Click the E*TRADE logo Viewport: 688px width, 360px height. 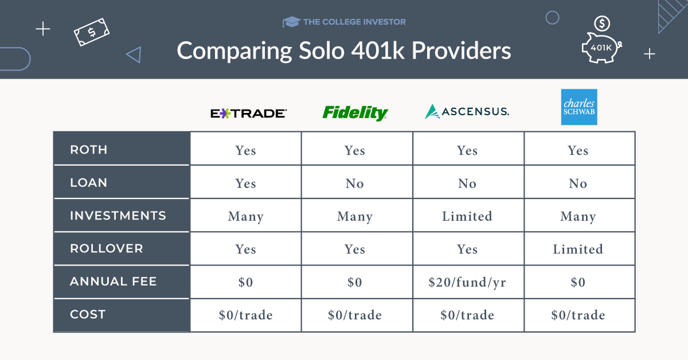(248, 114)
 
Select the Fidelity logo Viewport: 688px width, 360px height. (355, 112)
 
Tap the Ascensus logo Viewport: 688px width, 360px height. (467, 111)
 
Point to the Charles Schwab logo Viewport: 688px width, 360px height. (578, 107)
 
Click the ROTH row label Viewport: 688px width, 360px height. (89, 150)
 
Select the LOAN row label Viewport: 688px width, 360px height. (89, 183)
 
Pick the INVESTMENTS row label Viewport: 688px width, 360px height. (118, 216)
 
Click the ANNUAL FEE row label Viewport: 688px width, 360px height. (113, 281)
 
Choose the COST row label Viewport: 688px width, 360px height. (88, 314)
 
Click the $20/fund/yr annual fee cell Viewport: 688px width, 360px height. (467, 282)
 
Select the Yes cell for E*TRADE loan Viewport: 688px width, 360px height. (245, 183)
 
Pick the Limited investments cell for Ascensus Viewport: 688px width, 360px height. (467, 216)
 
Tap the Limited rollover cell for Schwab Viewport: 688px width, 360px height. (578, 249)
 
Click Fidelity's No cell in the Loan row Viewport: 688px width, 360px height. (355, 183)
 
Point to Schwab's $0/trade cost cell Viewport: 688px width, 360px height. (578, 315)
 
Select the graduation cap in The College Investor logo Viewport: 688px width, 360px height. (291, 22)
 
